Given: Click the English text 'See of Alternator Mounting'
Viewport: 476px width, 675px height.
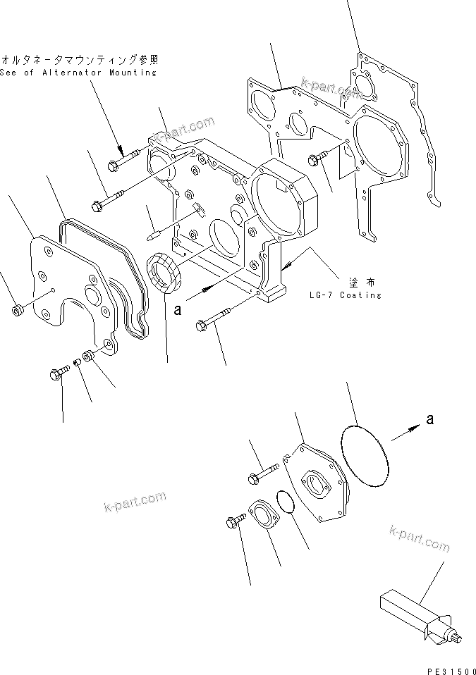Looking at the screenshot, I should [x=78, y=73].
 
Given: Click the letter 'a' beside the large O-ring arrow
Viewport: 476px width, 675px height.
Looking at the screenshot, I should [x=429, y=420].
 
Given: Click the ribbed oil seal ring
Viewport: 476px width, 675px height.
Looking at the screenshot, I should [x=164, y=272].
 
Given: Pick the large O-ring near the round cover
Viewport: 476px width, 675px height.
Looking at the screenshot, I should [x=365, y=457].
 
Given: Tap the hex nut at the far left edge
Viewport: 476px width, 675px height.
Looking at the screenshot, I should [x=16, y=311].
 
